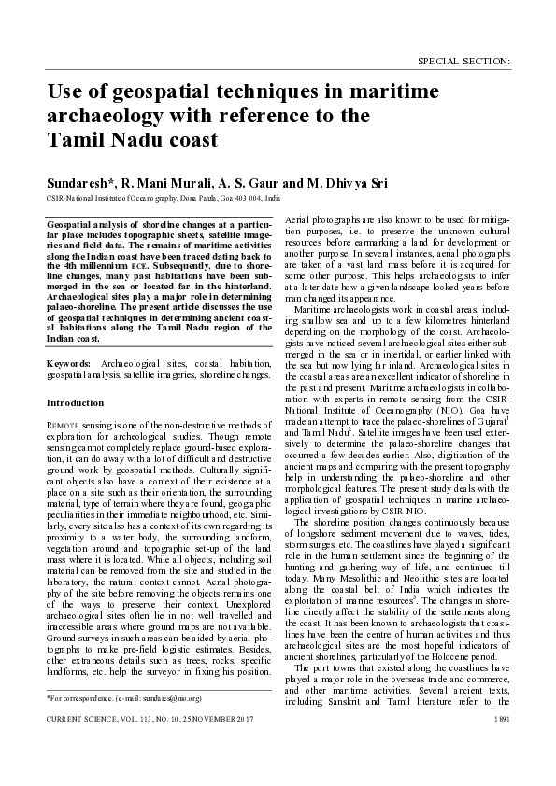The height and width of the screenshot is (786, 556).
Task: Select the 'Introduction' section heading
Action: pyautogui.click(x=76, y=402)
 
